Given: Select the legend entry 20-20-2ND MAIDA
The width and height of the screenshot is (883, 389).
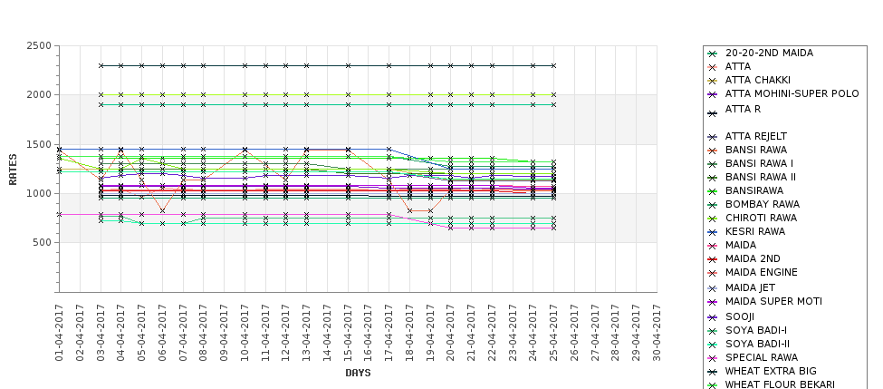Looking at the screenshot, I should point(769,53).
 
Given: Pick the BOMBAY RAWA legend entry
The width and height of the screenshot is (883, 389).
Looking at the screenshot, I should point(763,204).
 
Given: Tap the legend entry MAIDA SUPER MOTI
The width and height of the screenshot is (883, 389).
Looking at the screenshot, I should point(773,302).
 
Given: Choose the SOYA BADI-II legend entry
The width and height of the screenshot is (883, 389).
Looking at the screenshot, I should point(757,344).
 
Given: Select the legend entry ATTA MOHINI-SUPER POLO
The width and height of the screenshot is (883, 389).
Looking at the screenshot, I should point(792,94).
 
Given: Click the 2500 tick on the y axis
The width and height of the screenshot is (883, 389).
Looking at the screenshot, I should point(39,46).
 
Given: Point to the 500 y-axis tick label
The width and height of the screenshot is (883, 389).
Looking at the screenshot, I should point(42,243).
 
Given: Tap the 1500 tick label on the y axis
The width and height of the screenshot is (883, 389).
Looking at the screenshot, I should point(39,145).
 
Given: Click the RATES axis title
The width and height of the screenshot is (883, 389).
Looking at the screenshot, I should point(13,169).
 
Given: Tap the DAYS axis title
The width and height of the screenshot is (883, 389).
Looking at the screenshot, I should point(358,373).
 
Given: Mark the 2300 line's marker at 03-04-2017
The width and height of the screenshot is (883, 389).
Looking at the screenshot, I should point(101,65).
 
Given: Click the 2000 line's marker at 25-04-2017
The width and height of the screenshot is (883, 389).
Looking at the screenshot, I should point(553,94).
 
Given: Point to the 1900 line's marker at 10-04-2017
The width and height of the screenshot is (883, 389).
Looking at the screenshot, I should point(245,104).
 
